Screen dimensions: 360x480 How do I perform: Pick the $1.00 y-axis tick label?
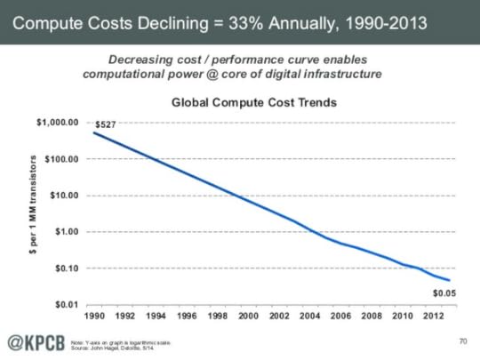[66, 232]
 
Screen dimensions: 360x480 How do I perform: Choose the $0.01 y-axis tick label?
[66, 305]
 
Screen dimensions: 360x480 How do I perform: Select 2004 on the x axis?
[310, 316]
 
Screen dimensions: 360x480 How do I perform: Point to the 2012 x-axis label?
[434, 316]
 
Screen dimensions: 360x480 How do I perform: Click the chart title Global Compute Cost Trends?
[253, 102]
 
